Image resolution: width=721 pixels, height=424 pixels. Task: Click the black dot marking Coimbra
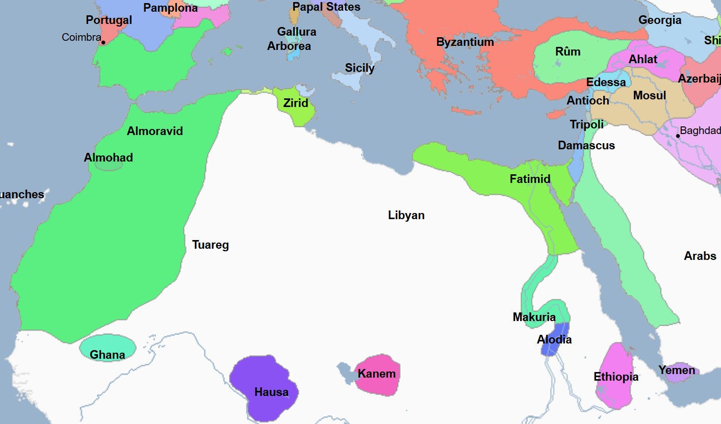[103, 42]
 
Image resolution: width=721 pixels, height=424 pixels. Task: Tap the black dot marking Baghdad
[678, 136]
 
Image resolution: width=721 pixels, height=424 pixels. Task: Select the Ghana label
[107, 355]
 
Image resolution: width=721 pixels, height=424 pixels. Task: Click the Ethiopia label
[615, 377]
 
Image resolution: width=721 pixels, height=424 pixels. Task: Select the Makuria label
[534, 317]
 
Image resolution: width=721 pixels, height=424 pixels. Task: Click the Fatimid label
[530, 179]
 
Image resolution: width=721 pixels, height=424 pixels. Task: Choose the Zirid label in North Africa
[296, 103]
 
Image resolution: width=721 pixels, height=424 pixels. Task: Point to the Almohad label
[108, 158]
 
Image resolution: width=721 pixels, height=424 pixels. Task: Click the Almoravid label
[154, 131]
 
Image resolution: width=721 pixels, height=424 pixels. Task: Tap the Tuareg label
[210, 245]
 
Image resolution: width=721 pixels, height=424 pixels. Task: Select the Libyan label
[406, 215]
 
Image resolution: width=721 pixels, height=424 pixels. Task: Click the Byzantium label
[465, 42]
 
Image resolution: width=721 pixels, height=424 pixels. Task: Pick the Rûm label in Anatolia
[568, 52]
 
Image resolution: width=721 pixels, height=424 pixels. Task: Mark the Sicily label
[359, 68]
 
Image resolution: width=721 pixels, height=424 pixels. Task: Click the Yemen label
[676, 370]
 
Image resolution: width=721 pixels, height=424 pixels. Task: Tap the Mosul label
[649, 96]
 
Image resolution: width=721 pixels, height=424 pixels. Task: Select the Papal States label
[326, 7]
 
